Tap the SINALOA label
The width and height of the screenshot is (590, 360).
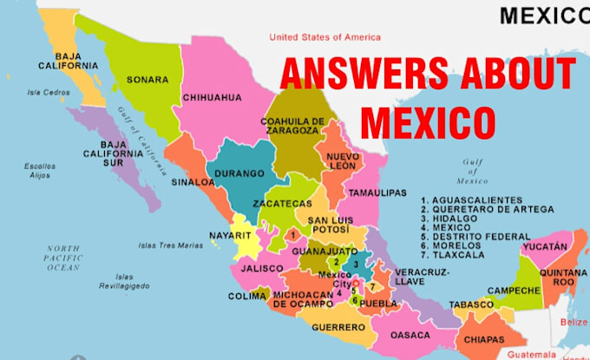(192, 183)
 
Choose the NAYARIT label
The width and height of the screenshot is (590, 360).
(231, 236)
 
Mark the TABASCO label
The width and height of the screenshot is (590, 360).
(471, 304)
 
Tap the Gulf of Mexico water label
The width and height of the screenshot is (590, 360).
(475, 172)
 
